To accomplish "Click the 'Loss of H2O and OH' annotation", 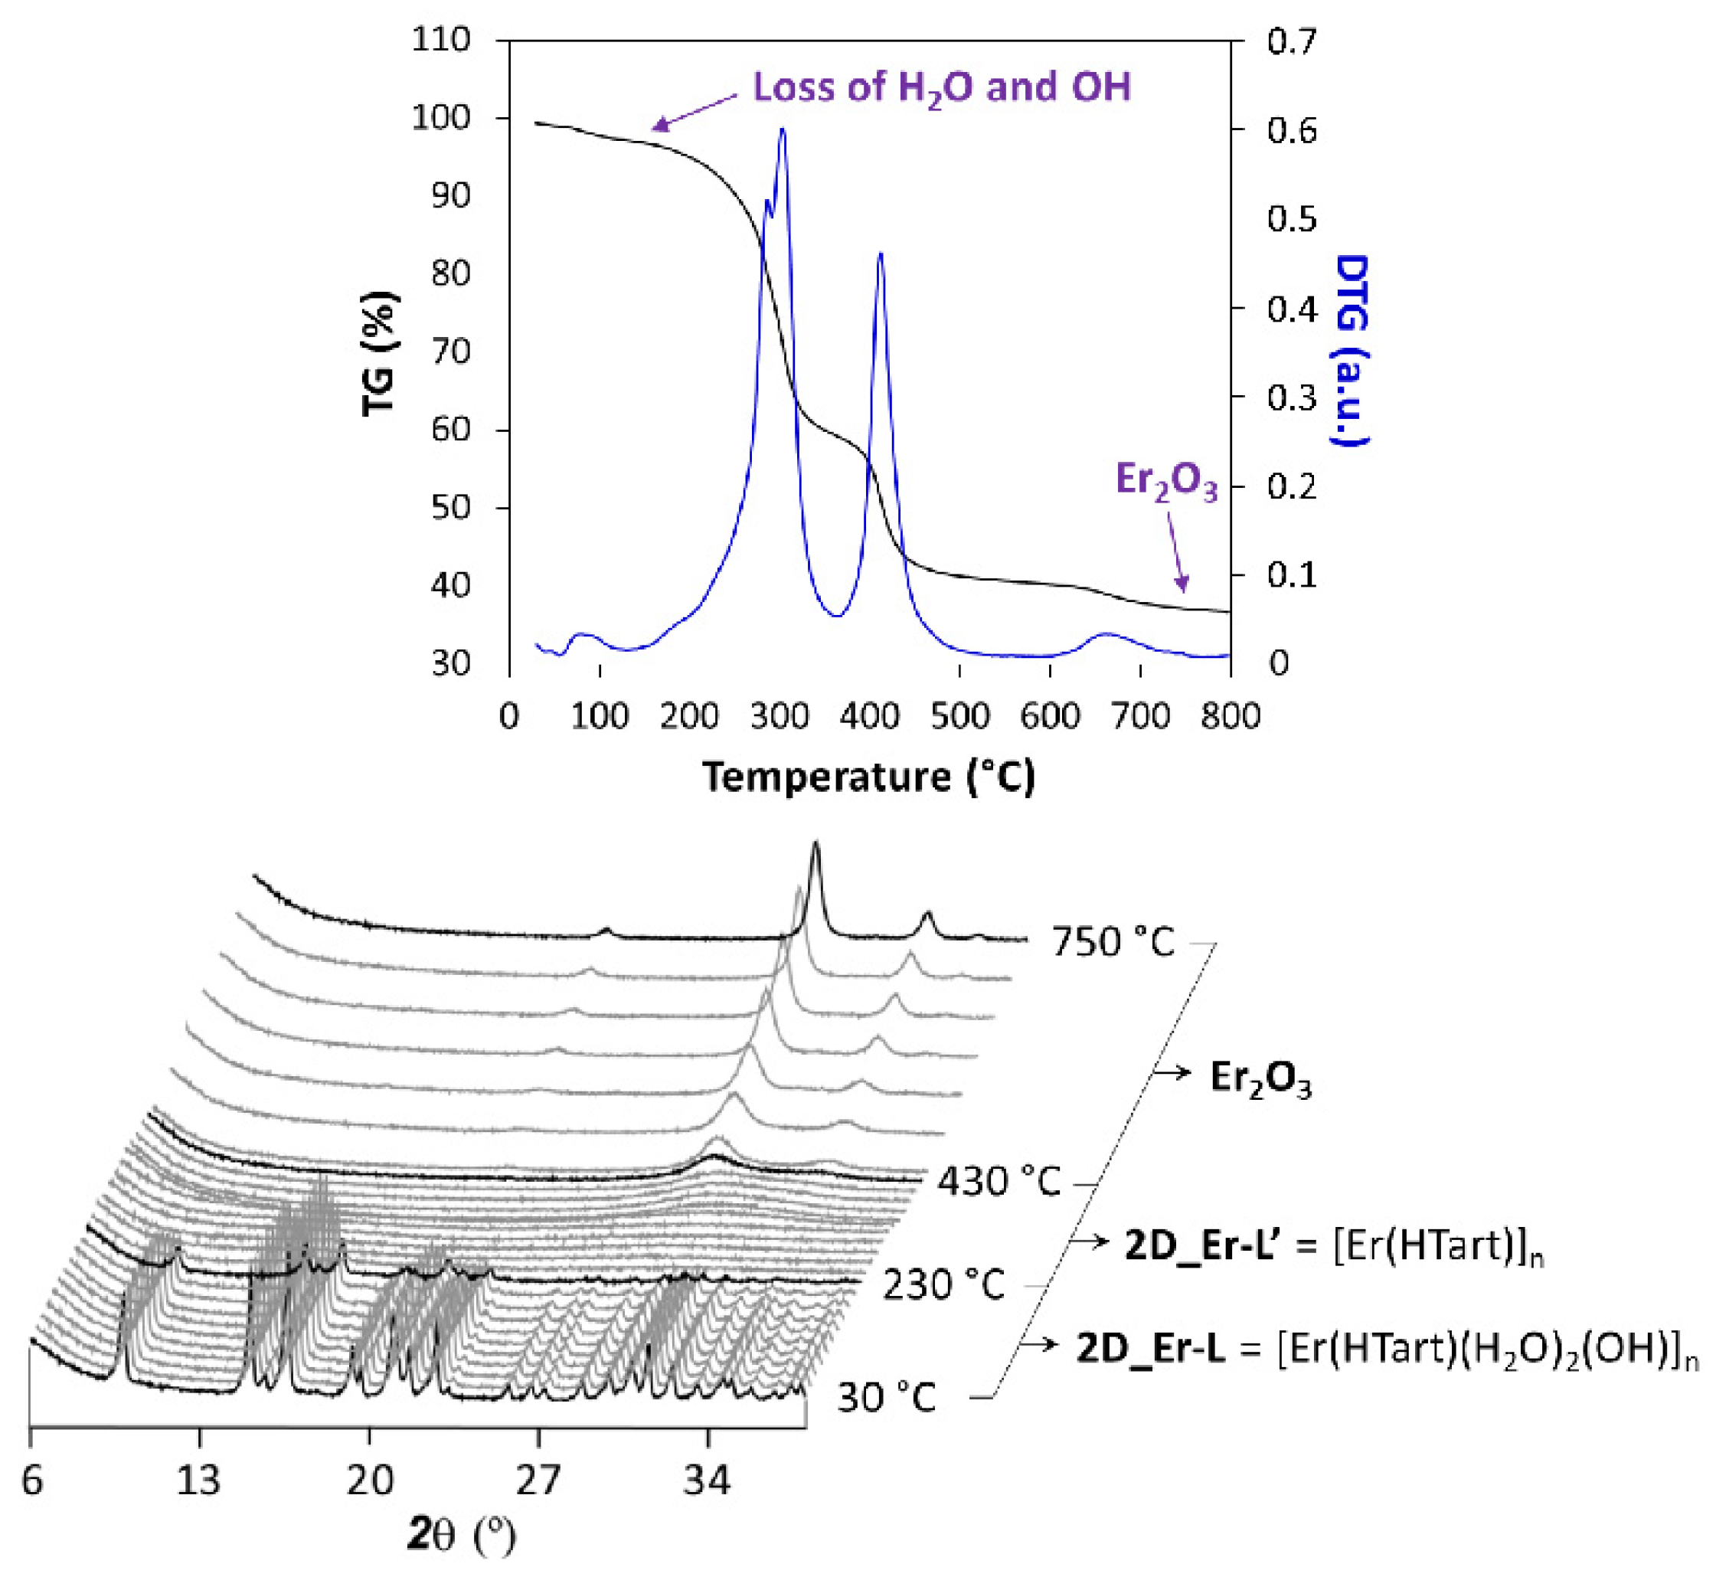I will [941, 88].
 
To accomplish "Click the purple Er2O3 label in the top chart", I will [1165, 481].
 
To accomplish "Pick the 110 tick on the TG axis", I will [440, 39].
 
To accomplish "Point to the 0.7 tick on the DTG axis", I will [1291, 41].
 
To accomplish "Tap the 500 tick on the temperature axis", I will [959, 715].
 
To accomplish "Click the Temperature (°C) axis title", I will [868, 777].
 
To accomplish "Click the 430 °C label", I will [999, 1182].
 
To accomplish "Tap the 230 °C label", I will [943, 1284].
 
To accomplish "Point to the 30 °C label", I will [887, 1398].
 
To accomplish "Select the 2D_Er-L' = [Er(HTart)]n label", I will [1334, 1247].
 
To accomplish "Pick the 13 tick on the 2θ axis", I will [199, 1480].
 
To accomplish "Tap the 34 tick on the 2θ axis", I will [707, 1480].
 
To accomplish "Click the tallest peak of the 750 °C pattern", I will [815, 845].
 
